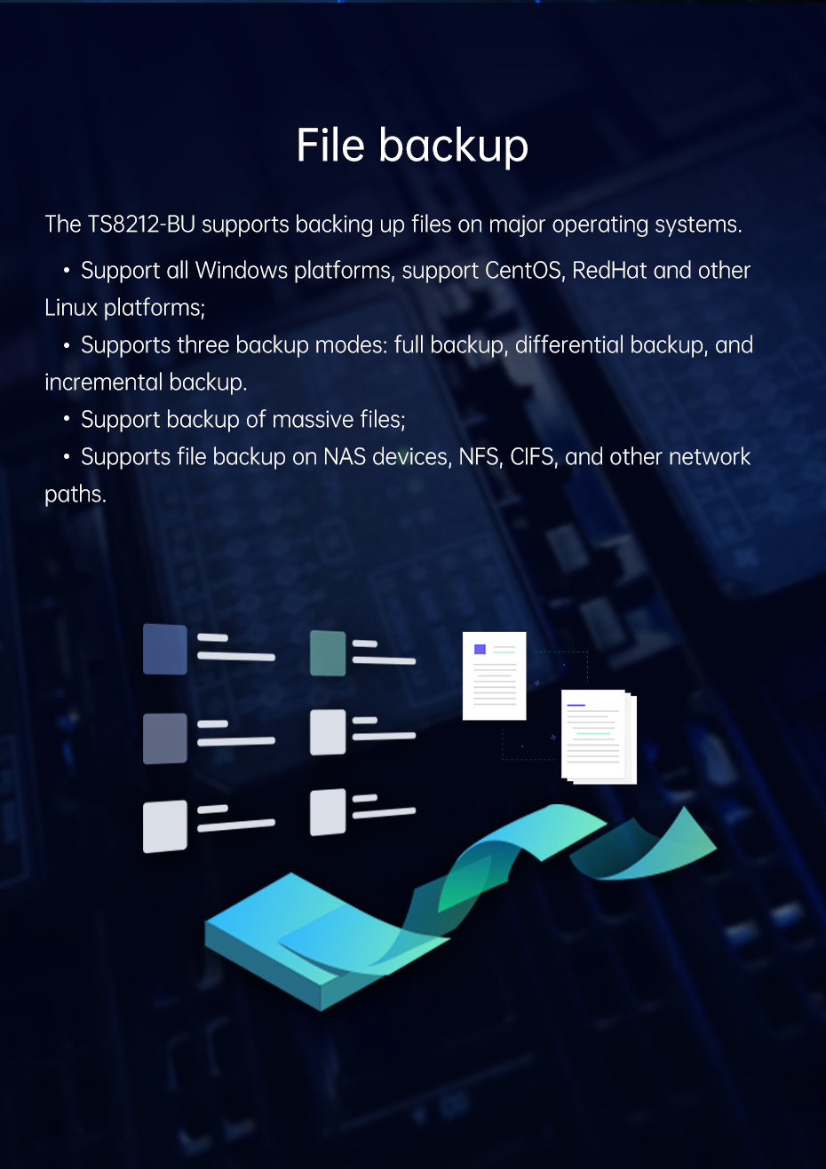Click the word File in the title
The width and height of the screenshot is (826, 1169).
pos(330,145)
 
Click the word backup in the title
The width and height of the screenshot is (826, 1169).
pos(454,146)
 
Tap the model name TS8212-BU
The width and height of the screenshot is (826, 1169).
pos(141,225)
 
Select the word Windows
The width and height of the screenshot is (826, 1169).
pos(242,271)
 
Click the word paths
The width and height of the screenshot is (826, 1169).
pos(75,494)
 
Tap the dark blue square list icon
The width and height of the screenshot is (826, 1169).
pos(165,649)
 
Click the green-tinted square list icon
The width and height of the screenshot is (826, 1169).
pos(328,653)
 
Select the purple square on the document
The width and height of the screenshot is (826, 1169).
pos(480,649)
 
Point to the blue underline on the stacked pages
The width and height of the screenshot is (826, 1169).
pos(576,705)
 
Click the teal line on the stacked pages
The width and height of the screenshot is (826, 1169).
pos(593,733)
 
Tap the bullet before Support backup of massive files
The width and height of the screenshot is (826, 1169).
pos(67,419)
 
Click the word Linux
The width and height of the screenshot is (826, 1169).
pos(71,308)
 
